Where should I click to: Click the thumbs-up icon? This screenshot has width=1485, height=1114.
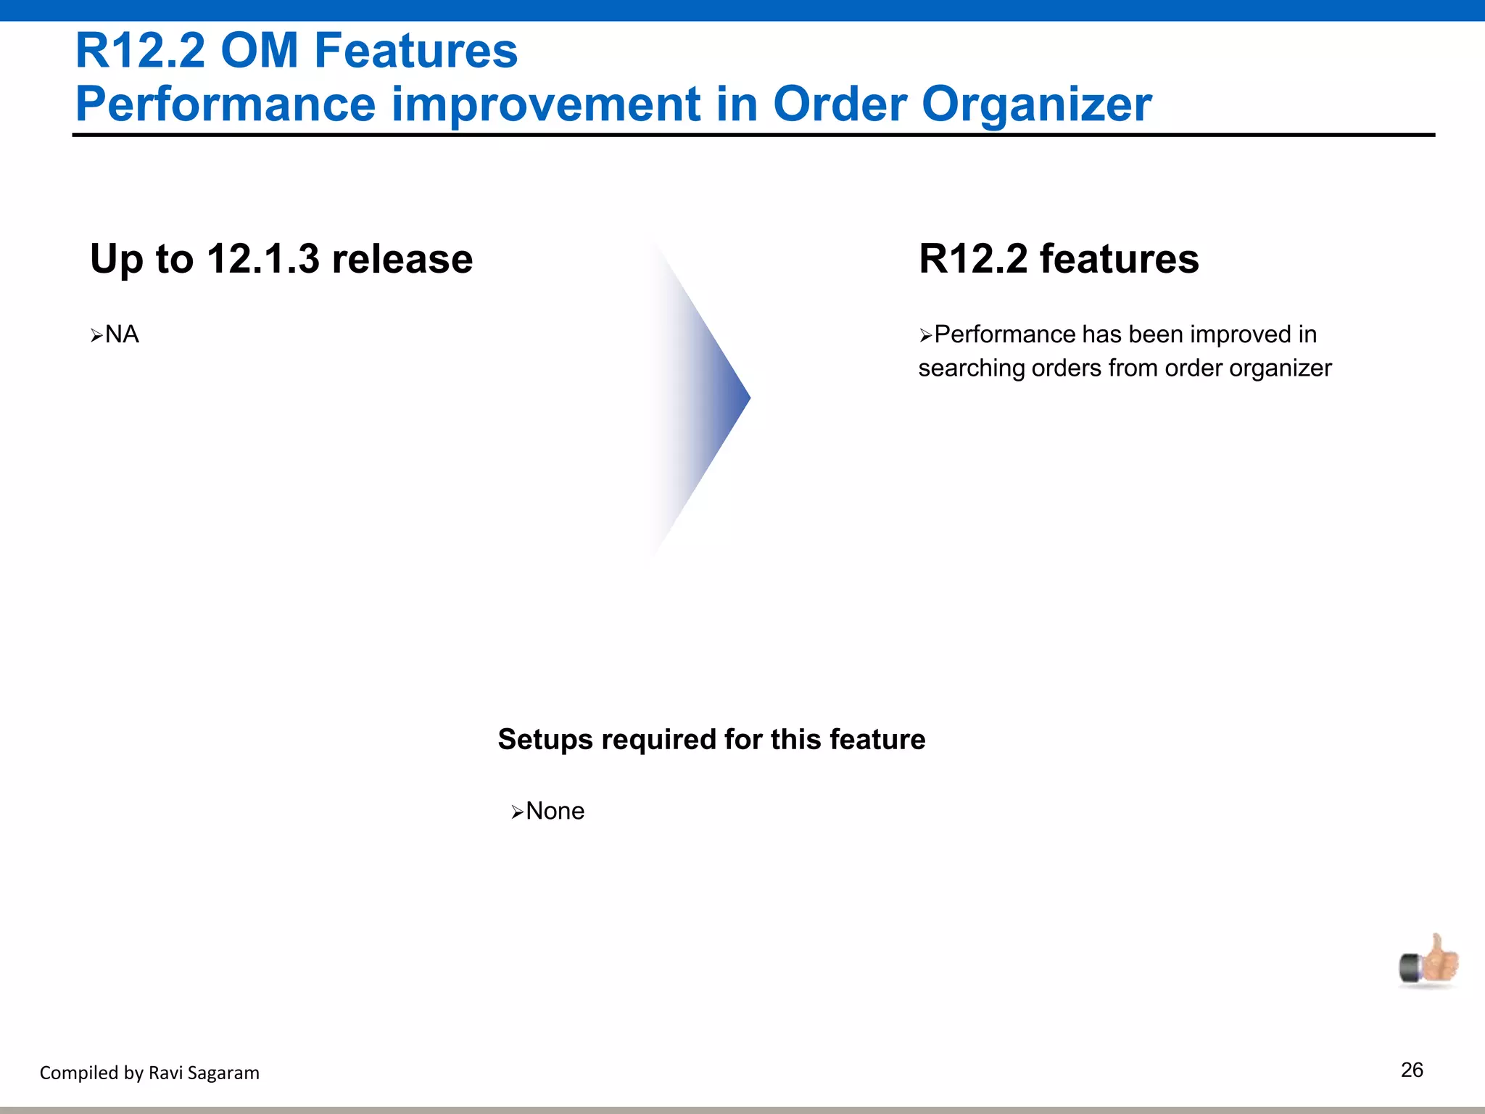1429,962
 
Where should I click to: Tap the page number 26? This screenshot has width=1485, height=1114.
1412,1070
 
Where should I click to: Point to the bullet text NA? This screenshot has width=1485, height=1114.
122,334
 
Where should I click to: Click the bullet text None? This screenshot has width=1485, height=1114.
555,811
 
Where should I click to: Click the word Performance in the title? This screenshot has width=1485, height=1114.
226,104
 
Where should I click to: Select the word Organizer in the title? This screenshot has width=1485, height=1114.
1036,104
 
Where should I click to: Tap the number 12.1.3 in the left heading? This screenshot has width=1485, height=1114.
262,259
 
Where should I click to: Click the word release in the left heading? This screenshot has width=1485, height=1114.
402,259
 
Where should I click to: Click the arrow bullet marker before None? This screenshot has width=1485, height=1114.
517,812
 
